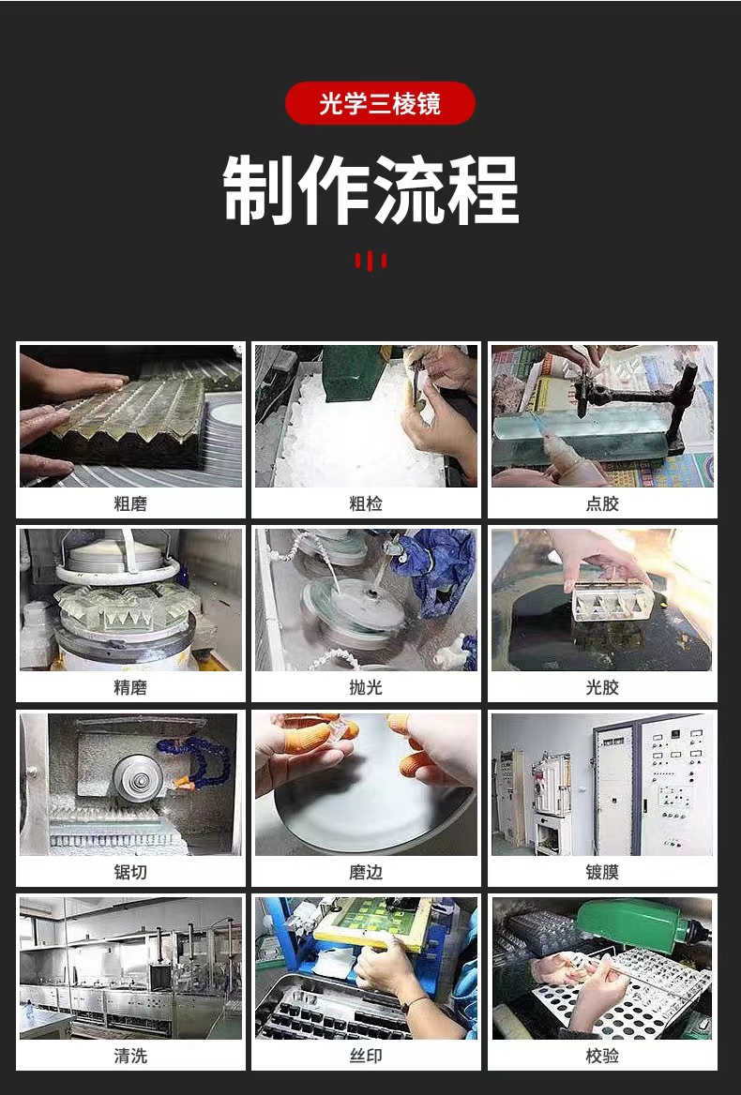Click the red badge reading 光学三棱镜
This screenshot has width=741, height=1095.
[380, 103]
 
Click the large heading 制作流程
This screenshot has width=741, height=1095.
[370, 190]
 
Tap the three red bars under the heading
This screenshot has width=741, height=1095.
[370, 261]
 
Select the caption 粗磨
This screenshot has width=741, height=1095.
[130, 503]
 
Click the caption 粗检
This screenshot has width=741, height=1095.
[366, 503]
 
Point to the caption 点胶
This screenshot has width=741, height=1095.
[602, 503]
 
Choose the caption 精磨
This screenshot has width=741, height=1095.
[130, 687]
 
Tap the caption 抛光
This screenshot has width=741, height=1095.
[366, 687]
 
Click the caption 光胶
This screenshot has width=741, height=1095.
[602, 687]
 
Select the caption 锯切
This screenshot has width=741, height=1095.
[130, 872]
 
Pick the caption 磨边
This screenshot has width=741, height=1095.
[366, 872]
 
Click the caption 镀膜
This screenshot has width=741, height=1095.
[602, 872]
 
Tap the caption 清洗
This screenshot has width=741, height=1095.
[130, 1056]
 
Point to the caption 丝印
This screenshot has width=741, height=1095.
[366, 1056]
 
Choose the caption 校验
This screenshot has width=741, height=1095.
[602, 1056]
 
